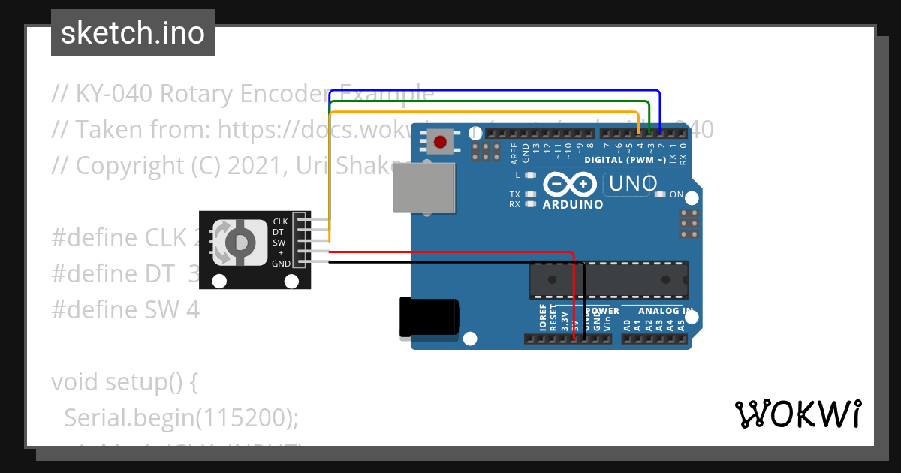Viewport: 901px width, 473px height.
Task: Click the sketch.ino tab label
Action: coord(133,33)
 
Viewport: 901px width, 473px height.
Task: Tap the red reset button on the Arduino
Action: coord(440,141)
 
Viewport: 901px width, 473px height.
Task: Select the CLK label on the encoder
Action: coord(280,221)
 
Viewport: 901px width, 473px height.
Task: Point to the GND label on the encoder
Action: coord(281,264)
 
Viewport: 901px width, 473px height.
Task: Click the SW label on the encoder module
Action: coord(279,243)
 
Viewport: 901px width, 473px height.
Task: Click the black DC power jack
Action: coord(428,317)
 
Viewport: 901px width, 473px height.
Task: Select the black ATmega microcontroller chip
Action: coord(608,279)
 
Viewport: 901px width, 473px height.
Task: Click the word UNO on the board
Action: coord(632,183)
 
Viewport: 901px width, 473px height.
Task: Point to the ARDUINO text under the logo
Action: coord(572,205)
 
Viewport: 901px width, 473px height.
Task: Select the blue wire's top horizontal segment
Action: coord(496,91)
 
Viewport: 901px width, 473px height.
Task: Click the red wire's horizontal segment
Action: coord(450,252)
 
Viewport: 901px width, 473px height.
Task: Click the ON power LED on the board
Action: coord(660,194)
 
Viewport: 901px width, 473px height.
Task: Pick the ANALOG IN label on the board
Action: coord(665,310)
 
